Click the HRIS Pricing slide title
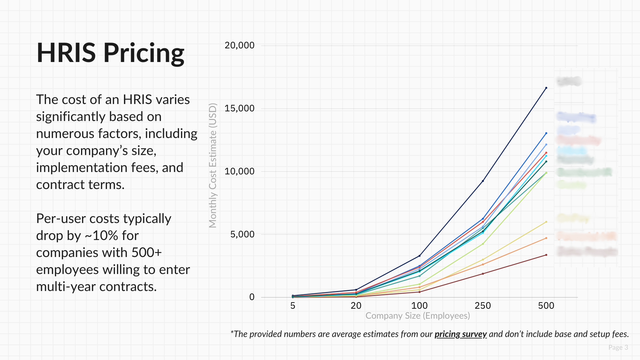pos(110,53)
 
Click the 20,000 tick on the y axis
pos(239,45)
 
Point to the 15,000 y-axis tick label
pos(239,108)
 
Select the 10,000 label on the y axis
pos(239,171)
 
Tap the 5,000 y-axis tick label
pos(242,234)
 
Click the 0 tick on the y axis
pos(252,297)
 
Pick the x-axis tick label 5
pos(293,306)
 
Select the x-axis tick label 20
pos(356,306)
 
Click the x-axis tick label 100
pos(419,306)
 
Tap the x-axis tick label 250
pos(483,306)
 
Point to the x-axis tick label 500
pos(546,306)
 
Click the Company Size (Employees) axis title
pos(418,316)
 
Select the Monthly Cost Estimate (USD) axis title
pos(213,165)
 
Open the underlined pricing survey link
pos(460,334)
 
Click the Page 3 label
pos(618,347)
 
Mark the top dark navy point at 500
pos(546,88)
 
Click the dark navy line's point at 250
pos(483,181)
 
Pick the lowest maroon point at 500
pos(546,255)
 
